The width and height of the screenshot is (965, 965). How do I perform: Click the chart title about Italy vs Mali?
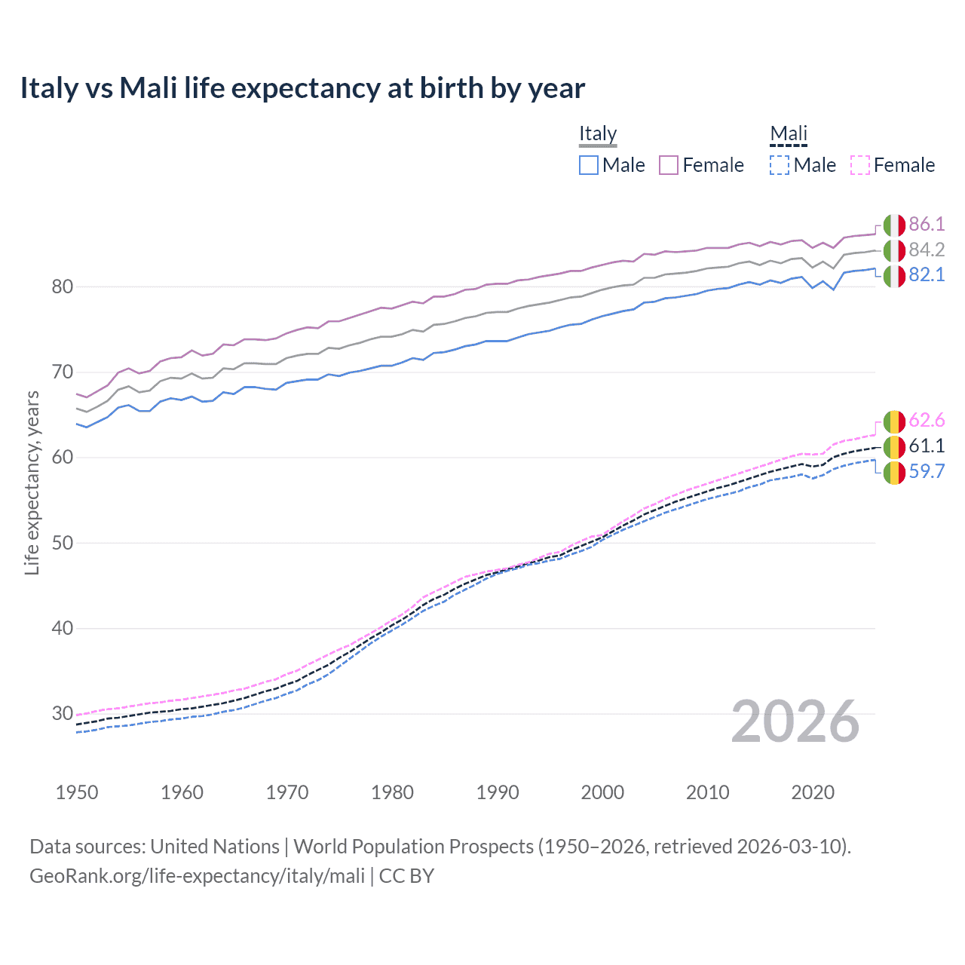click(302, 88)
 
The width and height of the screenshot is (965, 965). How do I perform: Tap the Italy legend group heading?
click(598, 133)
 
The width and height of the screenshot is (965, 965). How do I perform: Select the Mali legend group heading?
click(789, 133)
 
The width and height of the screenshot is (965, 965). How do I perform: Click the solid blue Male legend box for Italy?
click(589, 165)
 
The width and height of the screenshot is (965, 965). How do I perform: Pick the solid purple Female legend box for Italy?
click(669, 165)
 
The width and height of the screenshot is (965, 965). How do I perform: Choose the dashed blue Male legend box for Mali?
click(780, 165)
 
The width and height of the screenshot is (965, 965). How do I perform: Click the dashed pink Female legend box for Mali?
click(860, 165)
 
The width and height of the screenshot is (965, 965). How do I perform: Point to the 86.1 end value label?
click(927, 224)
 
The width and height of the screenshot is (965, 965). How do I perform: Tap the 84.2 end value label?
click(927, 250)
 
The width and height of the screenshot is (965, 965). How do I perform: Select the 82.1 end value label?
click(927, 274)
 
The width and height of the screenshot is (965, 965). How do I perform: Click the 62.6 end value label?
click(927, 420)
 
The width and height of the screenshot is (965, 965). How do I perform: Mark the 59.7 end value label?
click(927, 471)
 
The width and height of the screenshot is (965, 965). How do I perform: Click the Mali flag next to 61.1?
click(894, 446)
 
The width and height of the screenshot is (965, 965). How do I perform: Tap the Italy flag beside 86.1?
click(894, 225)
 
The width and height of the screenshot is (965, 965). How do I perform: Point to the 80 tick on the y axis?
click(63, 286)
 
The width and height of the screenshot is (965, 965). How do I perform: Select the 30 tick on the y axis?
click(63, 713)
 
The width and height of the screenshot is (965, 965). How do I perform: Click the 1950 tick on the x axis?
click(77, 792)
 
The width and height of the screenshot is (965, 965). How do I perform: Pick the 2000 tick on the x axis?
click(602, 792)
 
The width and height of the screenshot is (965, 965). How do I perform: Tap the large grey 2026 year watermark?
click(795, 721)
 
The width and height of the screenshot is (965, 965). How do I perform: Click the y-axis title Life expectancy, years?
click(32, 482)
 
